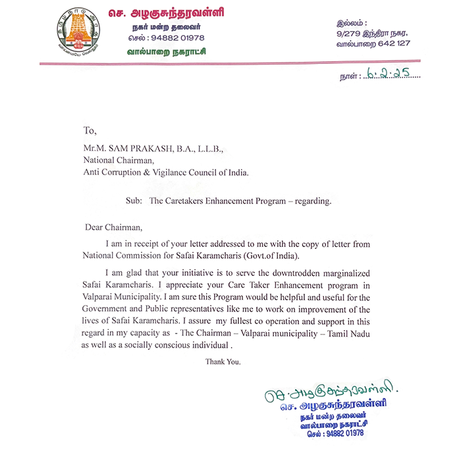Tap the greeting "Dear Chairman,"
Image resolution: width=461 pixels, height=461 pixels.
point(113,227)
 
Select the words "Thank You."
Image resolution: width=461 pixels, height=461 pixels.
point(223,362)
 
